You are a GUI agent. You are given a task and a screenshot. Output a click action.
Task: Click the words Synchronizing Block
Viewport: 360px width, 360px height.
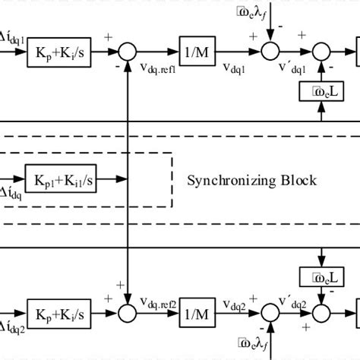pos(251,181)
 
